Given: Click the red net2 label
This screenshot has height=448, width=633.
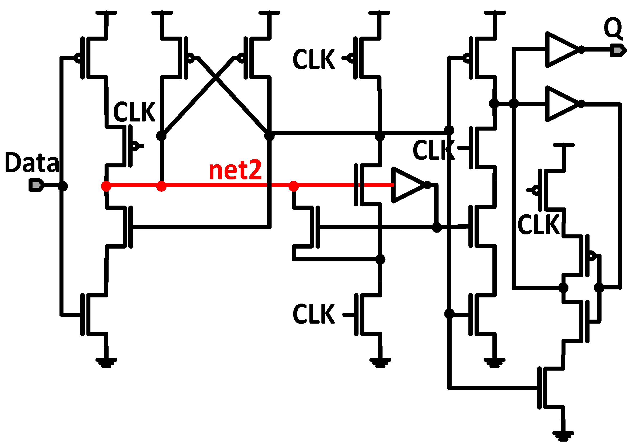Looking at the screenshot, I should click(x=235, y=170).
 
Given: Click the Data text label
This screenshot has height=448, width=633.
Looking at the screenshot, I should click(x=32, y=163).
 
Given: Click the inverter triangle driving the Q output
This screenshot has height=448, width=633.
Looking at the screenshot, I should click(x=561, y=50).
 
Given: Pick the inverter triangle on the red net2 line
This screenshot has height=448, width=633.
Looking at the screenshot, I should click(x=408, y=185).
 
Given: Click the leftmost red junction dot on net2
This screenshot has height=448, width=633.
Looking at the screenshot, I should click(x=106, y=186).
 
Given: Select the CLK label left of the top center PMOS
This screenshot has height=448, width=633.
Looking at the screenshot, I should click(x=313, y=59).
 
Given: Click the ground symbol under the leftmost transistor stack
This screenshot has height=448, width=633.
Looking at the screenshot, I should click(x=106, y=363).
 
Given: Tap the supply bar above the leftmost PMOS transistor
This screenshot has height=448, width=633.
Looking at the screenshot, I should click(x=106, y=13).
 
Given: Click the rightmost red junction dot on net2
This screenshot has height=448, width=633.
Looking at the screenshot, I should click(x=294, y=186).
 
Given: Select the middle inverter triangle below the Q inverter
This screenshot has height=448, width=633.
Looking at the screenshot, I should click(x=561, y=104).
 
